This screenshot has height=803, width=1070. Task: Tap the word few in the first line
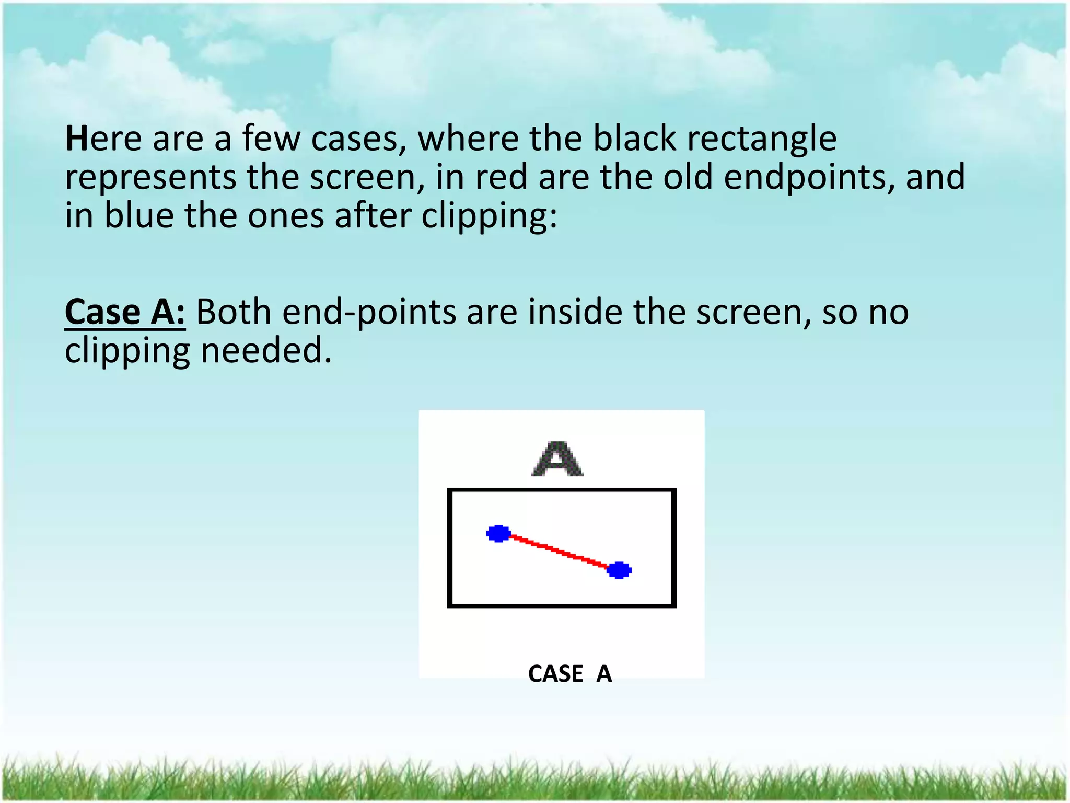(x=271, y=139)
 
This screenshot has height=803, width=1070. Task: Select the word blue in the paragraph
(x=139, y=215)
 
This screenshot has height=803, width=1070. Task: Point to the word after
(x=373, y=215)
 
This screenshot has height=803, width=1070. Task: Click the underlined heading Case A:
(x=125, y=313)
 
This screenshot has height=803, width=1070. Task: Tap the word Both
(x=234, y=313)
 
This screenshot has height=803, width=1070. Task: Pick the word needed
(x=266, y=351)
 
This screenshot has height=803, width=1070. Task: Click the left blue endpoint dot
(x=498, y=533)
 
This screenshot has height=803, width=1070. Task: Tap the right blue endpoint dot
(x=619, y=570)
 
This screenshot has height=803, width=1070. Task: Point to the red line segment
(x=559, y=552)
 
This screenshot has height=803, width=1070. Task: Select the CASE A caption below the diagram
(x=569, y=673)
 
